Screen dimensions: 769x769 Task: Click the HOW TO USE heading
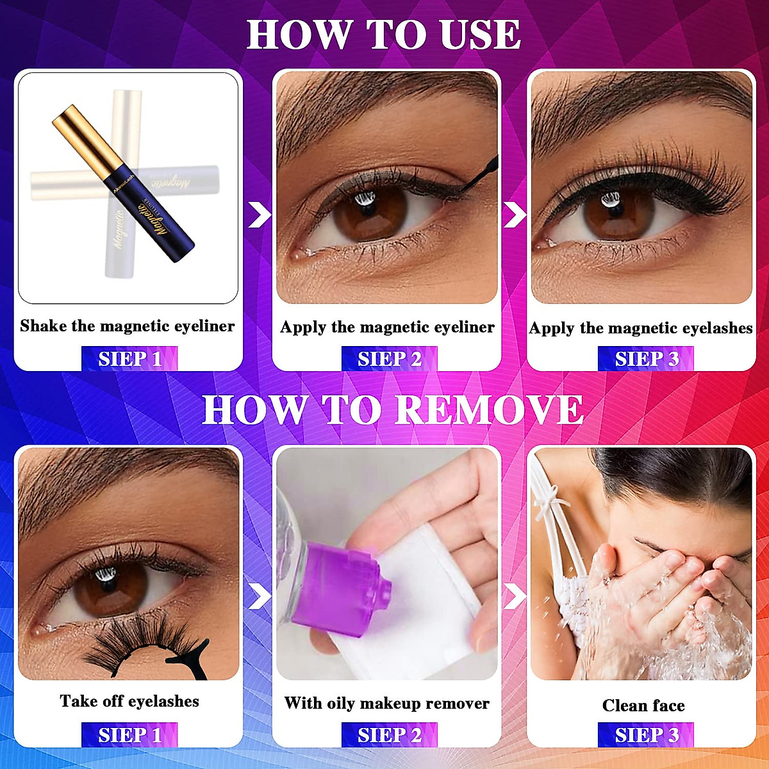(x=384, y=35)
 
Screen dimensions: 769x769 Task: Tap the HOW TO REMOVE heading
(x=392, y=410)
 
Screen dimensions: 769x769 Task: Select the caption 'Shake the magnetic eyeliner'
(x=128, y=326)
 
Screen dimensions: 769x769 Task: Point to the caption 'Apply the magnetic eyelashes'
(x=641, y=328)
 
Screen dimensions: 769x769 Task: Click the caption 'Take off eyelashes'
(x=129, y=701)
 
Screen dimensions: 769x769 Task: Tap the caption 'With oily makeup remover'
(x=386, y=703)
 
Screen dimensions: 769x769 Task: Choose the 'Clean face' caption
(x=643, y=706)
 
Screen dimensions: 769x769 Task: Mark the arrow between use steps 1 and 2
(x=259, y=215)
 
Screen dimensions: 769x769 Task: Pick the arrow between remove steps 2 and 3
(x=515, y=596)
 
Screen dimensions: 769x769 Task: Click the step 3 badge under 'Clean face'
(x=646, y=735)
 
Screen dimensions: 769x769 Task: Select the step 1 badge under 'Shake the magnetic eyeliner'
(x=129, y=359)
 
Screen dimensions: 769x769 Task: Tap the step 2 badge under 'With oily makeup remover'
(x=389, y=735)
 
